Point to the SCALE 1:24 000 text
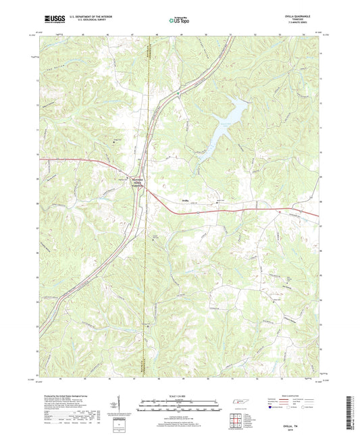pyautogui.click(x=180, y=394)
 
